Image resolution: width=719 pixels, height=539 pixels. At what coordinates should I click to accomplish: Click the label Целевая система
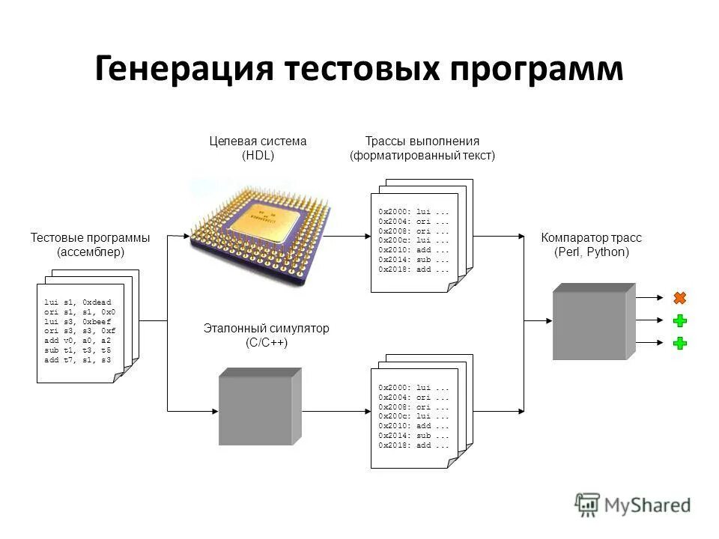coord(258,141)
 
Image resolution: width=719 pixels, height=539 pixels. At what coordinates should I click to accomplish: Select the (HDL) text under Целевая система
coord(258,156)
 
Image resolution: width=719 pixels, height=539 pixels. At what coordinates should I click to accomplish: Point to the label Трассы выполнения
coord(422,141)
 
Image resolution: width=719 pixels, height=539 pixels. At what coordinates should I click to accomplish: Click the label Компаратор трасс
coord(592,238)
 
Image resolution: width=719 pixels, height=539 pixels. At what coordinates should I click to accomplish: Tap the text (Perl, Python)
coord(592,252)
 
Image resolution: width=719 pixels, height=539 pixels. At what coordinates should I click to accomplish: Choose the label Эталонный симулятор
coord(267,329)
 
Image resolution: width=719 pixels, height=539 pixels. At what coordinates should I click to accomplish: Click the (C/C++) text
coord(267,343)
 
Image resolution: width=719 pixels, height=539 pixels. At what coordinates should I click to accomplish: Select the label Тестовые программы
coord(90,238)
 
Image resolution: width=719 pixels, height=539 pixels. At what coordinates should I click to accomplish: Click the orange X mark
coord(679,298)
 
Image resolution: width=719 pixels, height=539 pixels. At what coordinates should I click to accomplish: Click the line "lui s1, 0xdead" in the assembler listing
coord(78,302)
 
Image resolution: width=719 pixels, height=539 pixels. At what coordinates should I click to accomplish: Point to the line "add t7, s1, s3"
coord(78,360)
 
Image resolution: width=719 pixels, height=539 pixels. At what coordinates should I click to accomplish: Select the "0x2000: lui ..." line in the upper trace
coord(413,213)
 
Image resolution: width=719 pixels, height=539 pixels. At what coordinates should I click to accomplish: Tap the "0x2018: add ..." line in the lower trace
coord(413,445)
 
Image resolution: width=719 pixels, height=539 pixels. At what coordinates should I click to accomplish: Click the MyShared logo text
coord(648,505)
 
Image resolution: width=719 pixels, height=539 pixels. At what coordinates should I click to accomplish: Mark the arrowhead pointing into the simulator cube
coord(214,410)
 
